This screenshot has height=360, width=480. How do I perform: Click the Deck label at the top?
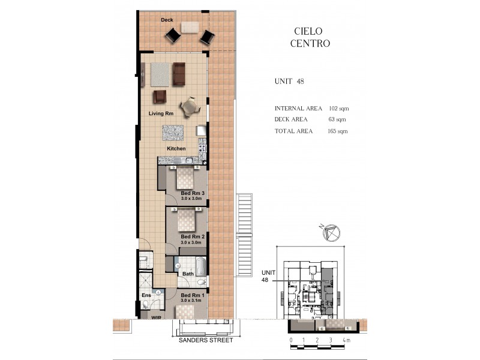167,20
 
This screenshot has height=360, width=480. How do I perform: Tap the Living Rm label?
161,113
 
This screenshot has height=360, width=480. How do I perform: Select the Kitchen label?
176,148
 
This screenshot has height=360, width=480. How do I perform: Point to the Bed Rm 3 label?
193,193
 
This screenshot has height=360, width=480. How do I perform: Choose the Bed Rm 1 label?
193,295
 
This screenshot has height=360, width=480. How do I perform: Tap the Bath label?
188,274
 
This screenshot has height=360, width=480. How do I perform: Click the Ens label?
146,295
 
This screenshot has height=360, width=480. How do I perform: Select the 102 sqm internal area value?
339,109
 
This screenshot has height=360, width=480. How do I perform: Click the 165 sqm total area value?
339,131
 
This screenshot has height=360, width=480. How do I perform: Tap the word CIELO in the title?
310,31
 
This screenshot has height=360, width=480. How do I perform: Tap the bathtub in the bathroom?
200,266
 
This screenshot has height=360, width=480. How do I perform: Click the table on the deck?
190,28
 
